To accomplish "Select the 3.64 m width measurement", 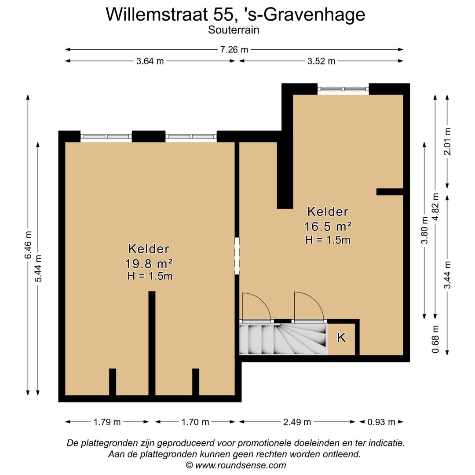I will pos(150,61).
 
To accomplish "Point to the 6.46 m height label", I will pos(28,245).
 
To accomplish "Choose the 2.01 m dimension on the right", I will pos(447,142).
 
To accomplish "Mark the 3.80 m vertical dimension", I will pos(424,231).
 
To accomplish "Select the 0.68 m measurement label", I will pos(435,339).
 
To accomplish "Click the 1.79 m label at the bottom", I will pos(107,422).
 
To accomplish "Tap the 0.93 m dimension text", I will pos(381,422).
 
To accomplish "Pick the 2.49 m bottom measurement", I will pos(297,422).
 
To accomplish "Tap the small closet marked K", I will pos(341,338).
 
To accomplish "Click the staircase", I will pos(283,339).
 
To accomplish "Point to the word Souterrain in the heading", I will pos(234,30).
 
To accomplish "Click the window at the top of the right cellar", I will pos(343,89).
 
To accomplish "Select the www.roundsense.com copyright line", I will pos(236,465).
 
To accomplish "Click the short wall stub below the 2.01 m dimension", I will pos(390,192).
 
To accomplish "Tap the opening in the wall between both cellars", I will pos(237,256).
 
